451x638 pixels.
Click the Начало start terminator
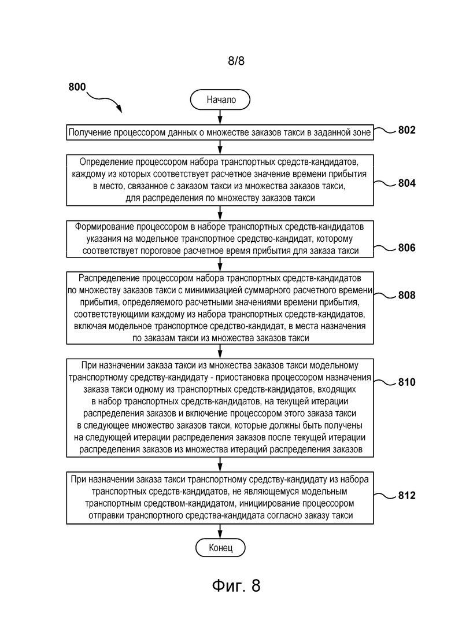pyautogui.click(x=220, y=99)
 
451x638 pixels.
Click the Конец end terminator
pyautogui.click(x=220, y=548)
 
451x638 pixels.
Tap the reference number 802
pyautogui.click(x=406, y=130)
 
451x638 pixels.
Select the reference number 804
pyautogui.click(x=406, y=183)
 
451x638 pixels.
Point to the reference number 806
pyautogui.click(x=406, y=248)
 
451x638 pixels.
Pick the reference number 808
pyautogui.click(x=406, y=295)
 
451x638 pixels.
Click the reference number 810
pyautogui.click(x=406, y=382)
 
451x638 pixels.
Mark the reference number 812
pyautogui.click(x=406, y=495)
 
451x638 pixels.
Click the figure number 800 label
pyautogui.click(x=77, y=87)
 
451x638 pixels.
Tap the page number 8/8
pyautogui.click(x=236, y=61)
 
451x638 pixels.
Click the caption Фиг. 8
pyautogui.click(x=236, y=585)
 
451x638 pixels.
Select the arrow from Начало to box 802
pyautogui.click(x=220, y=117)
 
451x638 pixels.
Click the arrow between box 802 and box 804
pyautogui.click(x=220, y=147)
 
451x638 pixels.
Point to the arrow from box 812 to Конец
pyautogui.click(x=220, y=531)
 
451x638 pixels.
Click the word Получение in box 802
pyautogui.click(x=90, y=132)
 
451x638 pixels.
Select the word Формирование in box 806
pyautogui.click(x=103, y=227)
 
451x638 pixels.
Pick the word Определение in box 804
pyautogui.click(x=106, y=163)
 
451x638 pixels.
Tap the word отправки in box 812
pyautogui.click(x=106, y=515)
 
